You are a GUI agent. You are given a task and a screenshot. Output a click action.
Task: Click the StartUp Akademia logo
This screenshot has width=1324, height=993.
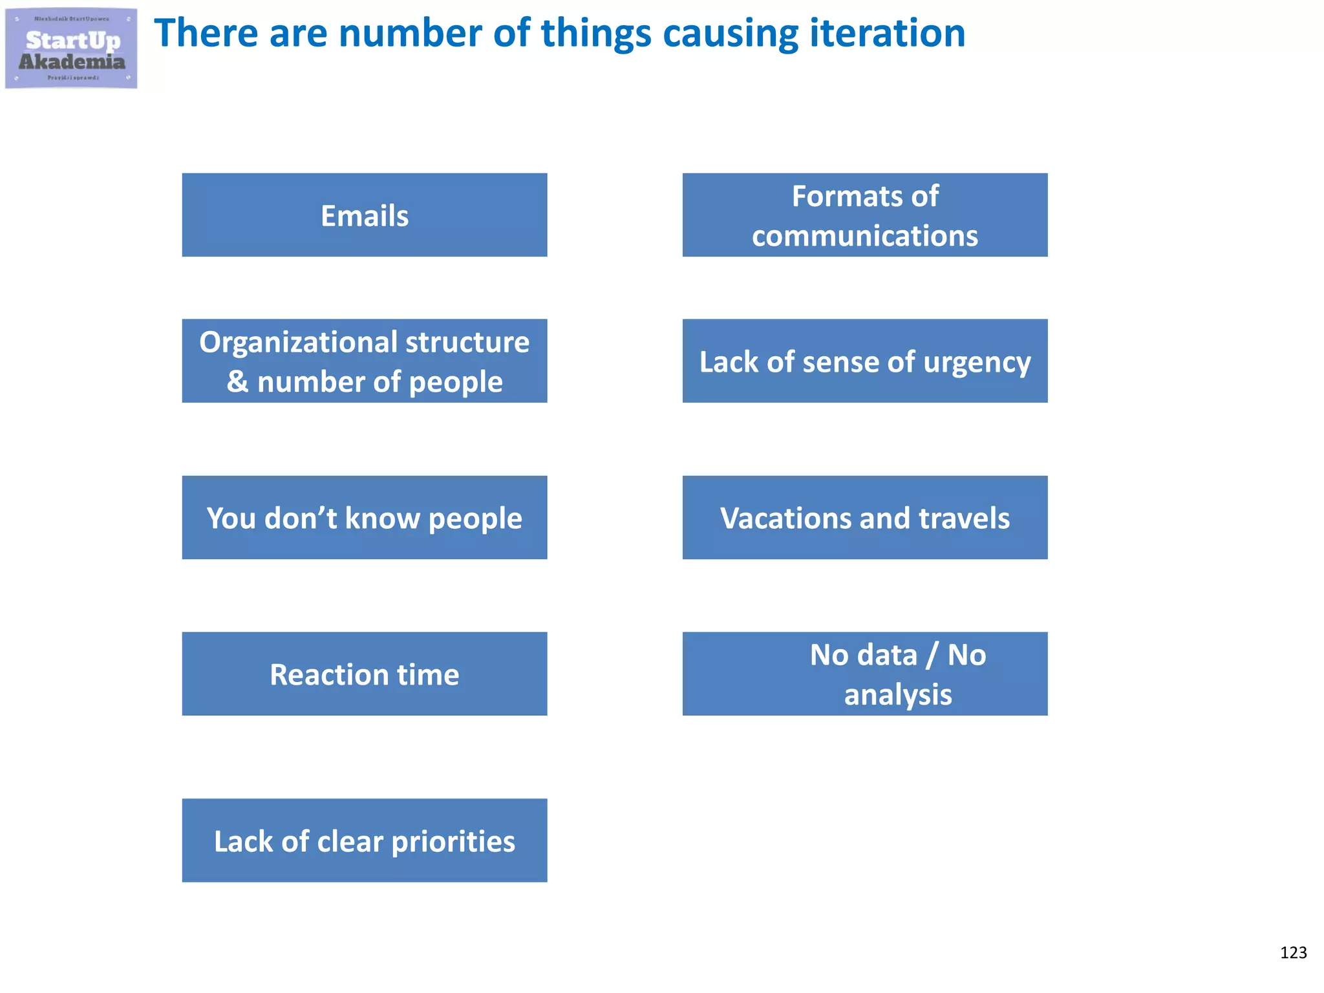pyautogui.click(x=71, y=48)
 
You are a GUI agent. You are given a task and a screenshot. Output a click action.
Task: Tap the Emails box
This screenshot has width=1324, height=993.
pyautogui.click(x=365, y=215)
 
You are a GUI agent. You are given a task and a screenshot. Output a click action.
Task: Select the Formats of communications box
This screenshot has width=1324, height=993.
pyautogui.click(x=865, y=215)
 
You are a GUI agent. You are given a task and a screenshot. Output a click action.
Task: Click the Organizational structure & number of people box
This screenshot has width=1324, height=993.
pyautogui.click(x=365, y=361)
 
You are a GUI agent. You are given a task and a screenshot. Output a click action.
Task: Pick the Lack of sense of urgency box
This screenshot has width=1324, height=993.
pyautogui.click(x=865, y=361)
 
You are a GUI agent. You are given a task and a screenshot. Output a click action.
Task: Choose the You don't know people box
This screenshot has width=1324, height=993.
pyautogui.click(x=365, y=518)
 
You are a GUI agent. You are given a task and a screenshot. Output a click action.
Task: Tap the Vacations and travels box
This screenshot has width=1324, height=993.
pyautogui.click(x=865, y=518)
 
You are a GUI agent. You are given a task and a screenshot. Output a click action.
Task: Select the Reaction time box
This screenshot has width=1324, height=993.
pyautogui.click(x=365, y=674)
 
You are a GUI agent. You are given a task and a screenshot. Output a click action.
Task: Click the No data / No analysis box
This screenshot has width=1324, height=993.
pyautogui.click(x=865, y=674)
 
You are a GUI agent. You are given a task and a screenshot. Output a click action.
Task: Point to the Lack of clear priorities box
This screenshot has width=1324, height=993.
pyautogui.click(x=365, y=840)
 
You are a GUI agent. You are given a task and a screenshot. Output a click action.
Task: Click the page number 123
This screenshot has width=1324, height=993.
pyautogui.click(x=1293, y=952)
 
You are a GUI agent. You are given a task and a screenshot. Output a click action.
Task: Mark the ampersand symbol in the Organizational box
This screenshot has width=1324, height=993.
pyautogui.click(x=237, y=381)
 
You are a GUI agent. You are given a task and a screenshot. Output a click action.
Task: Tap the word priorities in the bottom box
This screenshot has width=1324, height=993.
pyautogui.click(x=453, y=842)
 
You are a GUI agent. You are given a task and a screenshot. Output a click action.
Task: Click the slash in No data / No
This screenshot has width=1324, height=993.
pyautogui.click(x=932, y=655)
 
